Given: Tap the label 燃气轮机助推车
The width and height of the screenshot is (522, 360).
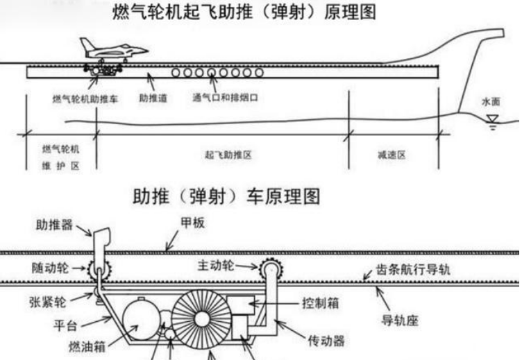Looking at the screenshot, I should [x=85, y=98].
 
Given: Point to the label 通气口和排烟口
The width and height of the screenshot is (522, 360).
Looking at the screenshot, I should [x=226, y=98].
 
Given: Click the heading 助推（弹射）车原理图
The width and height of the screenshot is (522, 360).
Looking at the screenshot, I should [x=226, y=197].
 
